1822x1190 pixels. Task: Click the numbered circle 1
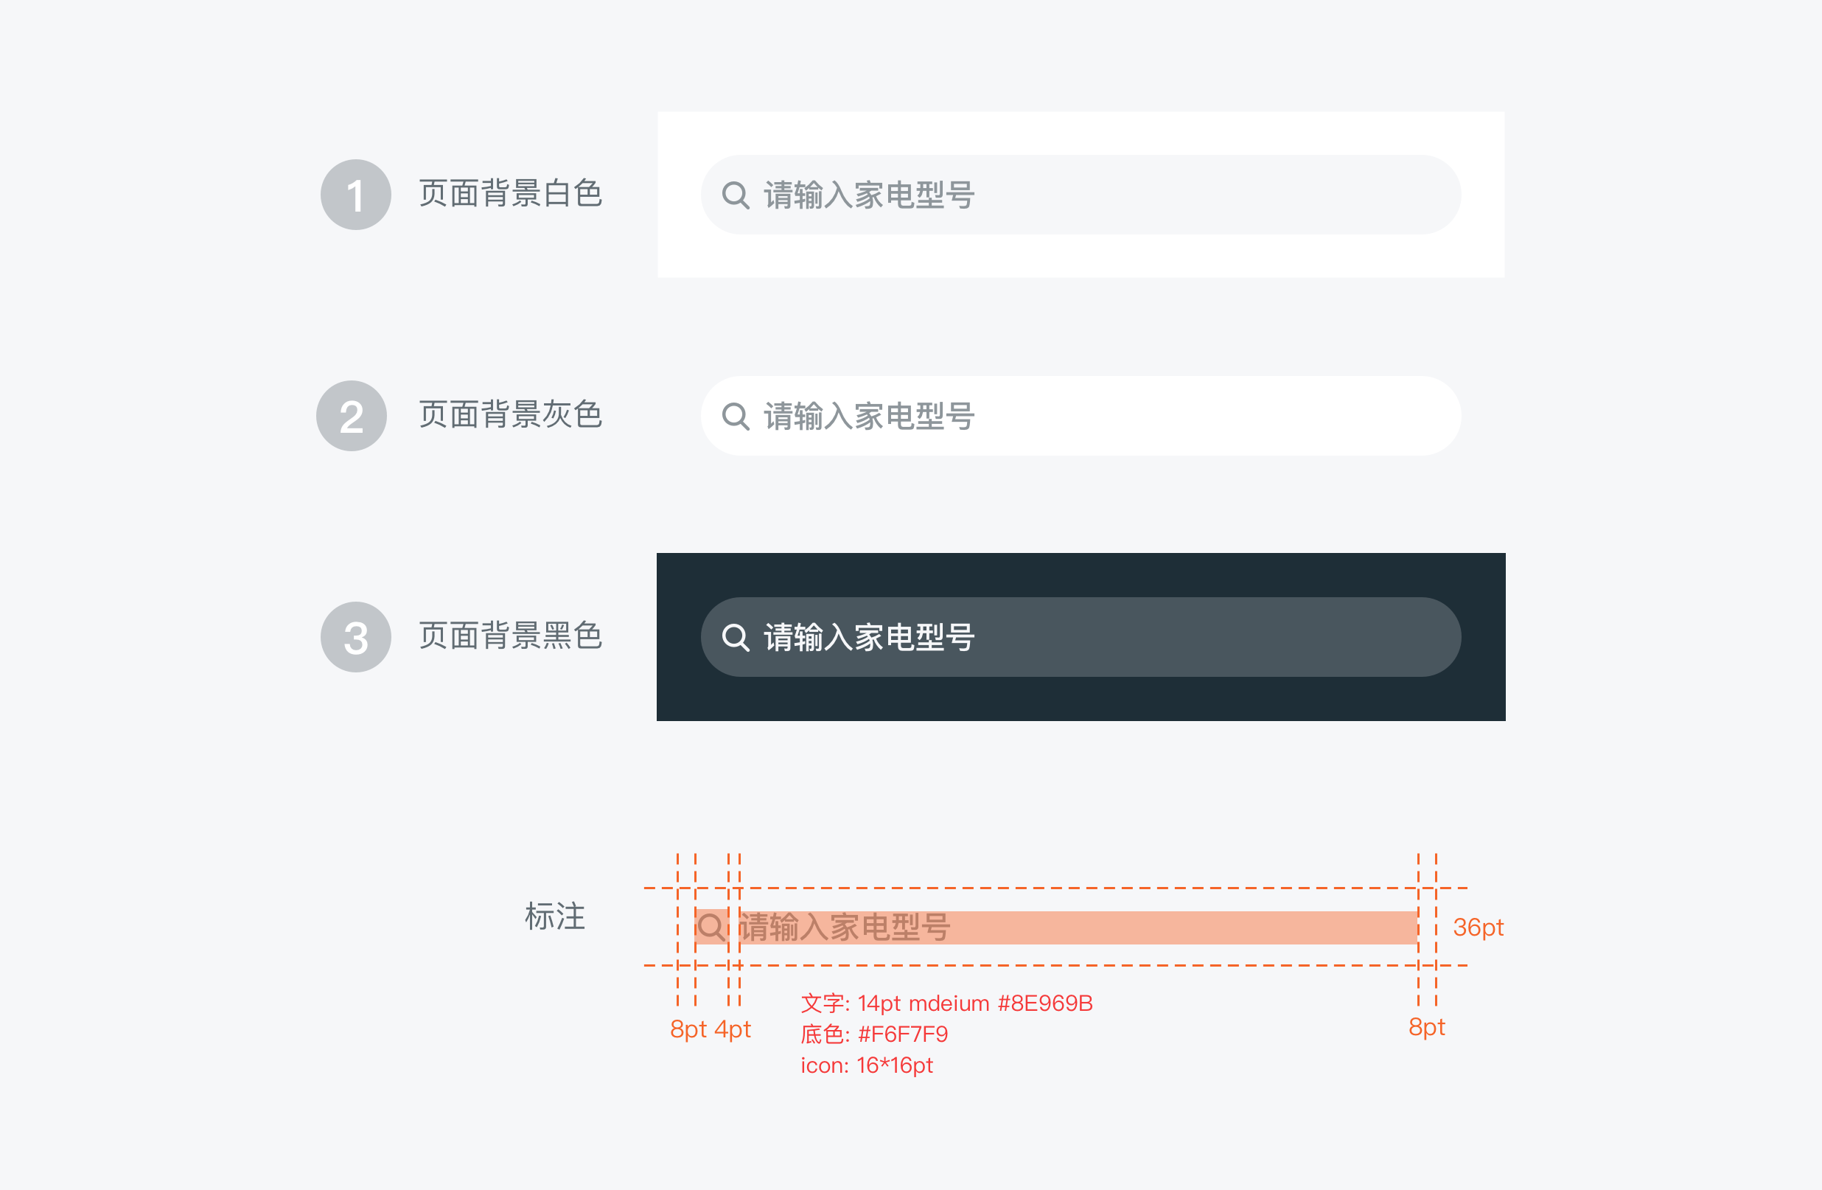click(x=356, y=195)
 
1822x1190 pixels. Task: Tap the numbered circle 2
click(x=352, y=416)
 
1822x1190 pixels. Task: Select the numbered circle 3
click(x=356, y=637)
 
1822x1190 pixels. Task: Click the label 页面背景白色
click(x=511, y=193)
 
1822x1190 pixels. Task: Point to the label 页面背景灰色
click(x=511, y=414)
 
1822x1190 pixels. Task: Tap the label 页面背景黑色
click(x=511, y=636)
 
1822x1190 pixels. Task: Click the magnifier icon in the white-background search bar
click(x=736, y=195)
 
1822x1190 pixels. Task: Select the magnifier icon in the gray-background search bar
click(x=736, y=417)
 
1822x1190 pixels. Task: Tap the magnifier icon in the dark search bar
click(x=736, y=637)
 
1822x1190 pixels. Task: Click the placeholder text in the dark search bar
click(x=869, y=637)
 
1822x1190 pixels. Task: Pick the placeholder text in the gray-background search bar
click(x=869, y=417)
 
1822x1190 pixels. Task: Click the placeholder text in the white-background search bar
click(x=869, y=195)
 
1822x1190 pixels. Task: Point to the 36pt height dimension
click(x=1479, y=928)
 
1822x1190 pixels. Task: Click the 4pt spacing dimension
click(x=733, y=1029)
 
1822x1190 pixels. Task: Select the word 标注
click(x=555, y=916)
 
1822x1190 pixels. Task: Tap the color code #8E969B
click(x=1045, y=1003)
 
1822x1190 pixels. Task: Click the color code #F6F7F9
click(x=904, y=1034)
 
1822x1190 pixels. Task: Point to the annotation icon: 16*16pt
click(x=867, y=1065)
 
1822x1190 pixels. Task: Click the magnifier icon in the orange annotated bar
click(x=712, y=928)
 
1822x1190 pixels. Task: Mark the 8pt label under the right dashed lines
click(x=1427, y=1027)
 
